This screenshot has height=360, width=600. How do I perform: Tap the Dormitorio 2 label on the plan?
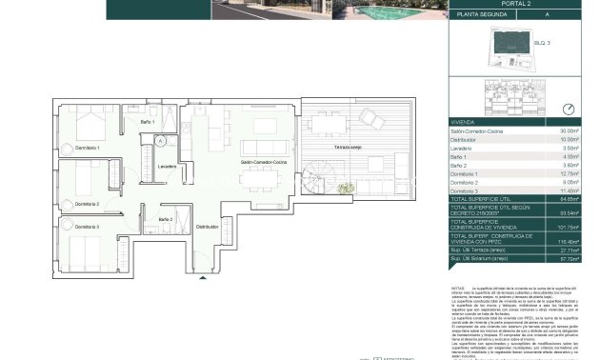click(x=85, y=204)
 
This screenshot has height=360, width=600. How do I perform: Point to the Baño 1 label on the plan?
click(x=148, y=122)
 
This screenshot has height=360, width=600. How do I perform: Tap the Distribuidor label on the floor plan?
click(x=207, y=228)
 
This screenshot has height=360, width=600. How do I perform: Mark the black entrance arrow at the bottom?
click(x=203, y=276)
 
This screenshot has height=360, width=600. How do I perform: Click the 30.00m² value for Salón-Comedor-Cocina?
click(x=570, y=130)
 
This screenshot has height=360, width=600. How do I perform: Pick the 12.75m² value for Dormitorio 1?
click(x=570, y=174)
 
